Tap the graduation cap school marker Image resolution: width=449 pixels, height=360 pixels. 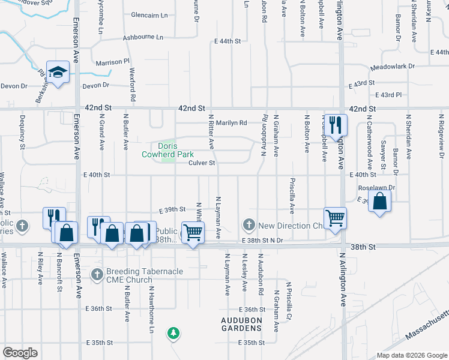tap(58, 73)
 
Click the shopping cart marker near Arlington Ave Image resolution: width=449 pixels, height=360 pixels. tap(335, 217)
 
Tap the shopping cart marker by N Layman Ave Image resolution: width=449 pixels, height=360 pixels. tap(193, 232)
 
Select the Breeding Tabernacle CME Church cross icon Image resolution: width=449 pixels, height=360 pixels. tap(97, 274)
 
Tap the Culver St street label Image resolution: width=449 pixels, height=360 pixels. tap(202, 163)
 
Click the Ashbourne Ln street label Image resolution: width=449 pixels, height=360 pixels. tap(143, 37)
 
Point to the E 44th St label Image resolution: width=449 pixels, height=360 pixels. tap(228, 41)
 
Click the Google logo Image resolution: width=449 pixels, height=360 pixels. tap(20, 352)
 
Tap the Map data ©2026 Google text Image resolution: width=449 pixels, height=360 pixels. tap(411, 355)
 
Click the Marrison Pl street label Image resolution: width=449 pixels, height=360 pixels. tap(113, 61)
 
